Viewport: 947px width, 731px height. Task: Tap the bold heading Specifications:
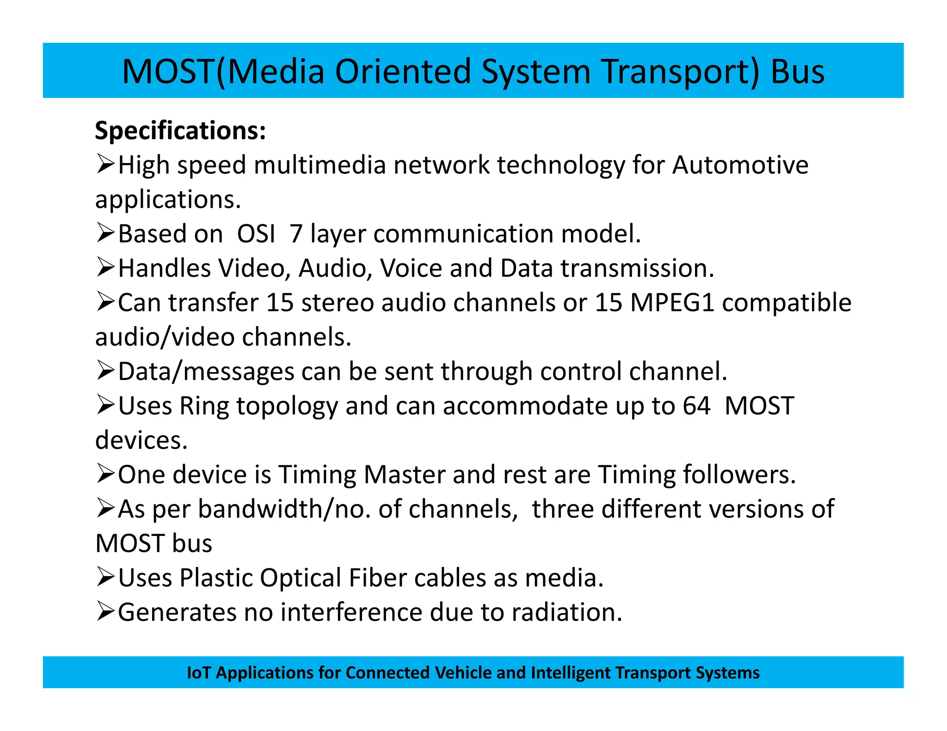pyautogui.click(x=180, y=131)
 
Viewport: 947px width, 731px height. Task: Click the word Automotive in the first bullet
pyautogui.click(x=740, y=165)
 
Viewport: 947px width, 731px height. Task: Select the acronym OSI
pyautogui.click(x=256, y=234)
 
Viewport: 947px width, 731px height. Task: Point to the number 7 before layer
pyautogui.click(x=296, y=234)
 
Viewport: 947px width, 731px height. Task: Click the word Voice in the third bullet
pyautogui.click(x=411, y=268)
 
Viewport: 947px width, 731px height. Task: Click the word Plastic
pyautogui.click(x=215, y=578)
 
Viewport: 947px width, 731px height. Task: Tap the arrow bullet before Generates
pyautogui.click(x=105, y=612)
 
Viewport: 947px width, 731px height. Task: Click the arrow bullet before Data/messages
pyautogui.click(x=105, y=371)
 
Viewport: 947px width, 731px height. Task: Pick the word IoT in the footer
pyautogui.click(x=198, y=673)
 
